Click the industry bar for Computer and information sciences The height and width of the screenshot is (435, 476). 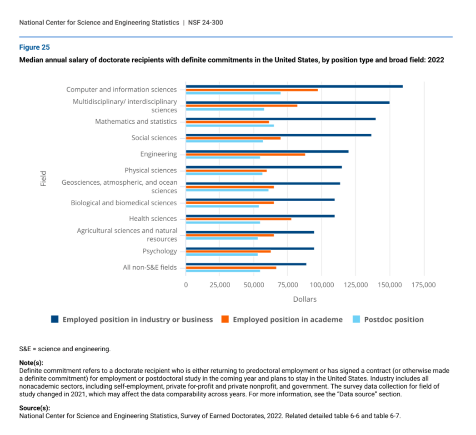295,86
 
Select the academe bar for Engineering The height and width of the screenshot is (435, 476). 246,155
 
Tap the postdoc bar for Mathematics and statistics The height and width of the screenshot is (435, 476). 230,126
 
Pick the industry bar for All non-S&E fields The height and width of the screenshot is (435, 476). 246,264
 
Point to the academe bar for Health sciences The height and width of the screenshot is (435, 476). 239,219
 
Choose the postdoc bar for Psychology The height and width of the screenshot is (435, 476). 222,254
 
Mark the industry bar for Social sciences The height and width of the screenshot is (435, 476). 279,135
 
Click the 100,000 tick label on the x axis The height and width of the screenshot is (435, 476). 322,285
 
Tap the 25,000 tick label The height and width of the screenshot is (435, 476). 220,285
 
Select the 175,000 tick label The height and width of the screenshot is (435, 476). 424,285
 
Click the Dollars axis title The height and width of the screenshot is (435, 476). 305,299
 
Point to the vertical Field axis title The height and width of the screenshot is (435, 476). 43,178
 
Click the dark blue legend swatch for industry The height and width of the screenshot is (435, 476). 55,319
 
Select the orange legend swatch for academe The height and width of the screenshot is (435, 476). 225,319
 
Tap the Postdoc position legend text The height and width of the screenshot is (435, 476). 394,319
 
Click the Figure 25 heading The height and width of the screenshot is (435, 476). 34,47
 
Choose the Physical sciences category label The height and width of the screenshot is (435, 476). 150,171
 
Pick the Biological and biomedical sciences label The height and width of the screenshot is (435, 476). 124,203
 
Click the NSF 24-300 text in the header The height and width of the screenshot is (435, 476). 205,23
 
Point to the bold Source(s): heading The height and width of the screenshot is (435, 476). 35,408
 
